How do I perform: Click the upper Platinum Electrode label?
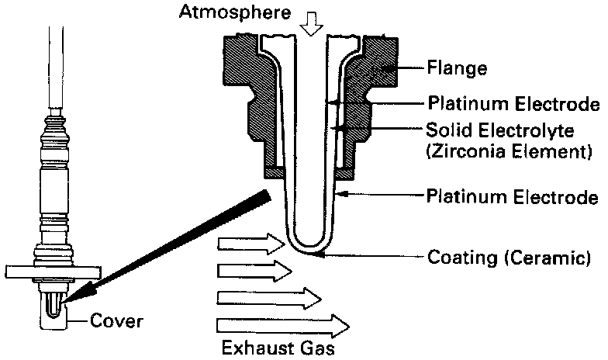tap(513, 103)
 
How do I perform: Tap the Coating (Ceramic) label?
tap(513, 257)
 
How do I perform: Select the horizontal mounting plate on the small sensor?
tap(54, 272)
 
